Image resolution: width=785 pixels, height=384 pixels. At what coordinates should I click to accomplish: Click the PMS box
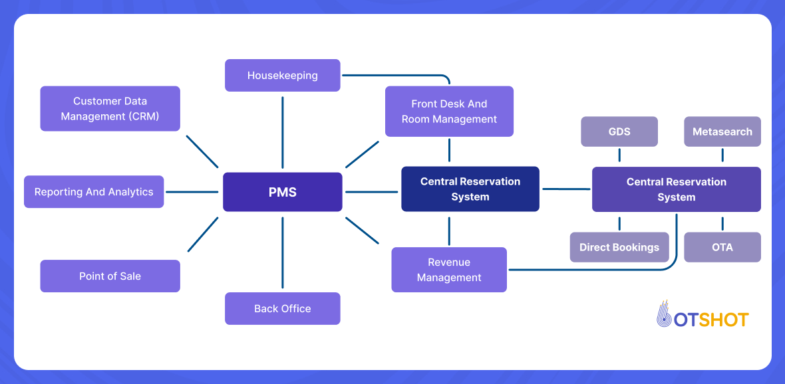[283, 192]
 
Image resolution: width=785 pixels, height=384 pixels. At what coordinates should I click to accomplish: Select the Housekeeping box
[283, 75]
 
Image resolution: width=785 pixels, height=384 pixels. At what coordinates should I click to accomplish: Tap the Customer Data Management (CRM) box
[110, 108]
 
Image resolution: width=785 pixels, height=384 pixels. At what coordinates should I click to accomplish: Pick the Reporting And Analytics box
[94, 192]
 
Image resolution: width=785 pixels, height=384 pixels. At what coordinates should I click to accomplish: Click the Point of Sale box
[110, 276]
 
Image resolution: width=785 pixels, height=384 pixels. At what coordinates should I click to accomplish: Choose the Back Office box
[283, 308]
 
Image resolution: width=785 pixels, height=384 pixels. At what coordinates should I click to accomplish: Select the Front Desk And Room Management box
[449, 111]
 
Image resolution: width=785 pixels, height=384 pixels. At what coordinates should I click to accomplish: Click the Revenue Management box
[449, 270]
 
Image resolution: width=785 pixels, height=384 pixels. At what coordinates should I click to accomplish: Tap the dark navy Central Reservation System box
[470, 189]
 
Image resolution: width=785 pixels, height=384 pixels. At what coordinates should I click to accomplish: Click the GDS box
[619, 132]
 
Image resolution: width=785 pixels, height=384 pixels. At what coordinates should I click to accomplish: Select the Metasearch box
[722, 132]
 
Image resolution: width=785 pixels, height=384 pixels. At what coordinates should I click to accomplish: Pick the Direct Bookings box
[619, 247]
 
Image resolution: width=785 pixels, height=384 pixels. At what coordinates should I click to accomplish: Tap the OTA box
[722, 247]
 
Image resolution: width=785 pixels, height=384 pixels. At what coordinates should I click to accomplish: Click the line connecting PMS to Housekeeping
[283, 133]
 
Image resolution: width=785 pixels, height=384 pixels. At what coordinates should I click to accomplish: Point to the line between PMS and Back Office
[283, 252]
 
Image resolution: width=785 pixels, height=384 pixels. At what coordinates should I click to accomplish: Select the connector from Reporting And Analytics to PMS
[192, 192]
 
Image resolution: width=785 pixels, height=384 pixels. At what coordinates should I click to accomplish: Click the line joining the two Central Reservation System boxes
[565, 189]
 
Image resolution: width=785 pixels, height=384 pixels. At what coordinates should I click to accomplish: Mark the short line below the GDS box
[619, 155]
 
